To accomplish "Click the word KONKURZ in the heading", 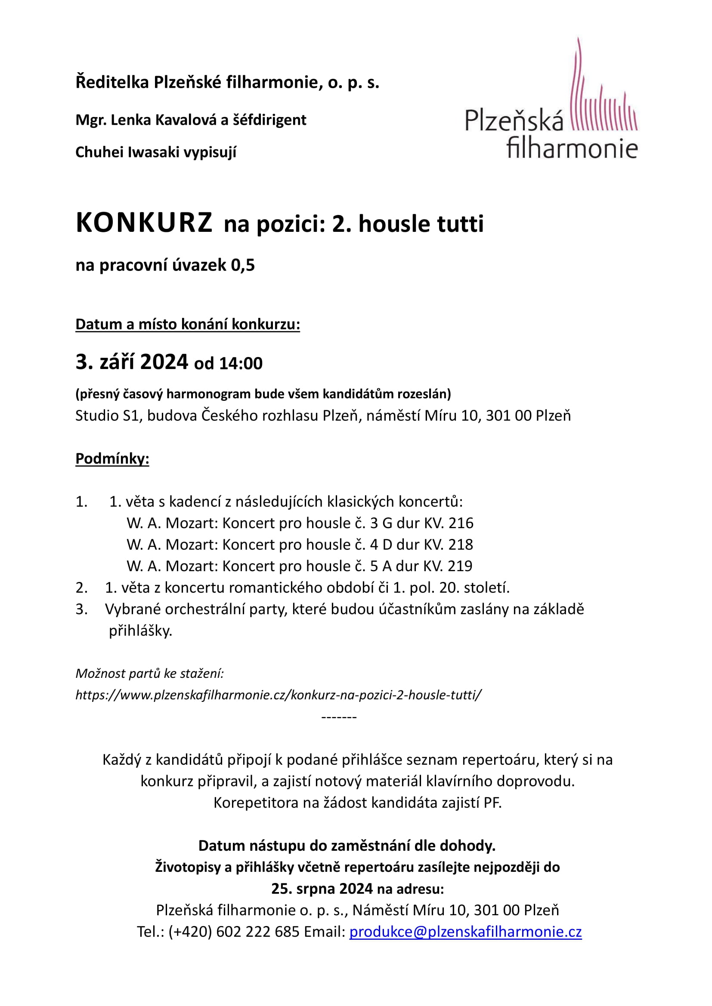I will coord(144,223).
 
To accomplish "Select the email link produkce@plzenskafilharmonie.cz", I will coord(465,932).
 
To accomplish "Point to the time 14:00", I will coord(241,364).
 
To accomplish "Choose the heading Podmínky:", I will coord(112,459).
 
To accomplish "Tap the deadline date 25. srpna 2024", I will coord(322,889).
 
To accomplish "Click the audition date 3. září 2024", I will coord(132,362).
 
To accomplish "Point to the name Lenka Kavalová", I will coord(164,120).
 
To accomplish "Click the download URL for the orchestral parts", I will coord(279,695).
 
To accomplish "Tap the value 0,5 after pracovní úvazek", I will coord(242,265).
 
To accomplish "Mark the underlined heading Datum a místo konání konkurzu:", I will coord(188,324).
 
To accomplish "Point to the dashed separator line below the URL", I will coord(339,717).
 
